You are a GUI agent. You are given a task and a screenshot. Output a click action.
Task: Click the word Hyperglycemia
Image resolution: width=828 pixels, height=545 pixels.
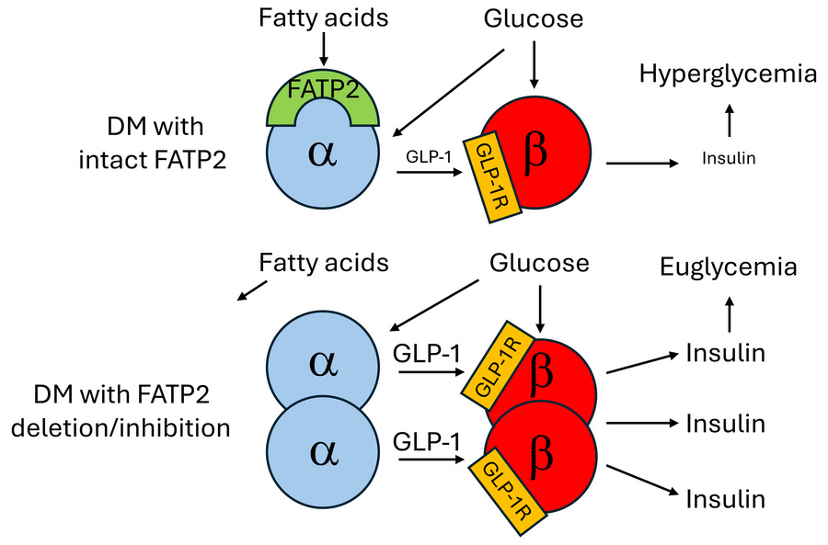[729, 74]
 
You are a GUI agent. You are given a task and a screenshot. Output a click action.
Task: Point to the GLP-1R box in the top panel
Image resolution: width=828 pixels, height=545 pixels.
[491, 175]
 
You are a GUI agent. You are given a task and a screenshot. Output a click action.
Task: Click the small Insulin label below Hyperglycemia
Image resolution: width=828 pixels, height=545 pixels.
[729, 158]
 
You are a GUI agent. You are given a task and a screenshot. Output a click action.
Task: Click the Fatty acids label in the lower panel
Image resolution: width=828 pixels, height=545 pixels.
[324, 263]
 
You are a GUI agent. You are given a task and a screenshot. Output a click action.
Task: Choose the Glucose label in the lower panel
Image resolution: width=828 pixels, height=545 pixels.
[539, 263]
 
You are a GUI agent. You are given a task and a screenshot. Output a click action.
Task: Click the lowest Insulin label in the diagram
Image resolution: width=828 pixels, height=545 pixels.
[726, 498]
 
